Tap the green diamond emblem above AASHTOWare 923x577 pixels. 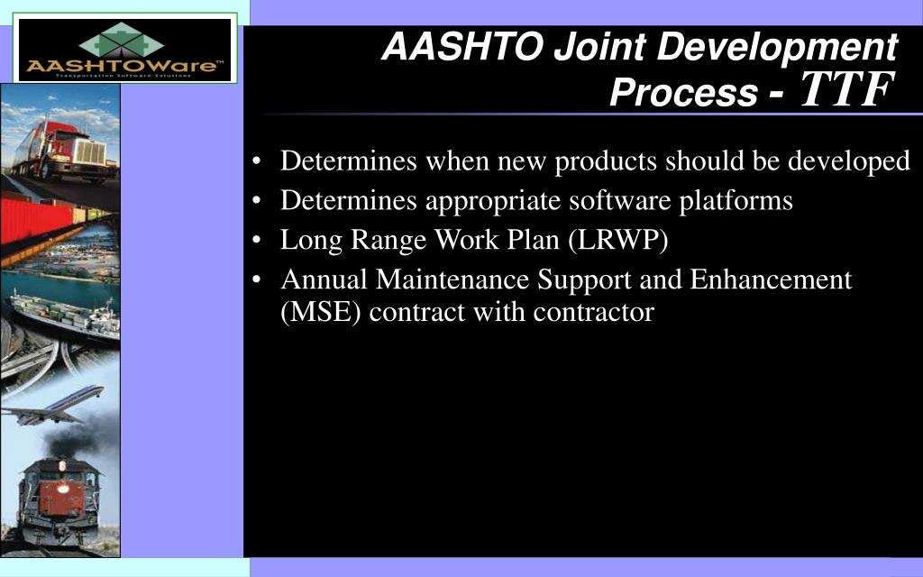click(x=124, y=41)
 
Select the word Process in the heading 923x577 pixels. click(x=683, y=92)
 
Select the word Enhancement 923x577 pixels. click(x=771, y=280)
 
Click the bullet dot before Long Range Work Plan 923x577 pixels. click(x=260, y=242)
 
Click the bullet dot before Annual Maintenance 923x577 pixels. click(x=260, y=281)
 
